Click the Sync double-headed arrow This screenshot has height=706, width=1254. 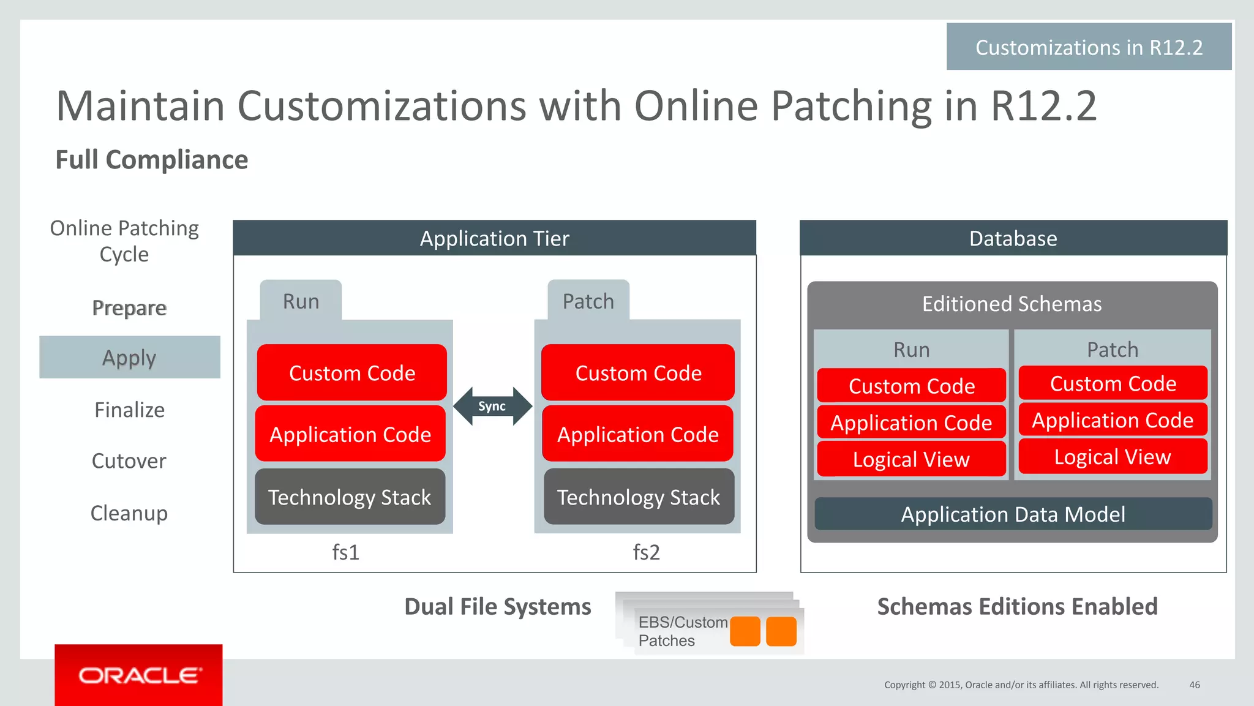coord(492,406)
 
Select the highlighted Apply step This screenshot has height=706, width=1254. coord(129,357)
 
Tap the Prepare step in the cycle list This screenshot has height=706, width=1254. coord(129,307)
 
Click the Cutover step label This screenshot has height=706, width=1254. coord(129,460)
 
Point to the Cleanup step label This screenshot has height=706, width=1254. coord(129,513)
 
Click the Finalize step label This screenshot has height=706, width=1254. coord(129,410)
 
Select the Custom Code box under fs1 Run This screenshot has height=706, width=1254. coord(351,372)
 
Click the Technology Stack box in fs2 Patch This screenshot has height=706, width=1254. coord(638,497)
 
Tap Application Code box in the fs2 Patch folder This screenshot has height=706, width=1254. coord(637,434)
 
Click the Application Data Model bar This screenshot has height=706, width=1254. coord(1013,514)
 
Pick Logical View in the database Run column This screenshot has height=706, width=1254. coord(911,459)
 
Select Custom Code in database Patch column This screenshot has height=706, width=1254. coord(1113,383)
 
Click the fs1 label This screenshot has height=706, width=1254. coord(345,552)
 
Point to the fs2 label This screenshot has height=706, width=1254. coord(646,552)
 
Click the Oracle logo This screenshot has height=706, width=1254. coord(138,675)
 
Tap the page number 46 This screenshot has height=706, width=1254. coord(1194,685)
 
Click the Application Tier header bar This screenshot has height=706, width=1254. coord(494,238)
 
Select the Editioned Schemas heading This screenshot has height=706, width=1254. coord(1012,304)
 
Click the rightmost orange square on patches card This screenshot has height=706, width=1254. coord(781,631)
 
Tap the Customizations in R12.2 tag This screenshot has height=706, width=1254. coord(1089,47)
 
